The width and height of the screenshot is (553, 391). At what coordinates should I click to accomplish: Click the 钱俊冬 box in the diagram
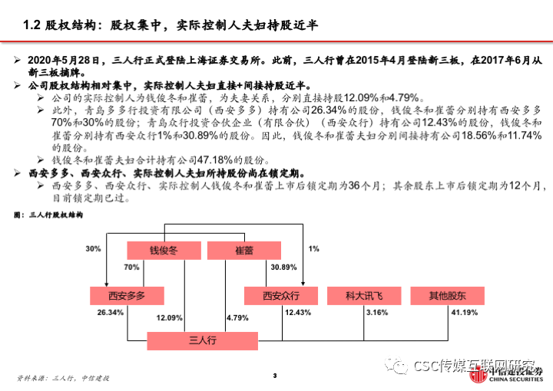pyautogui.click(x=164, y=250)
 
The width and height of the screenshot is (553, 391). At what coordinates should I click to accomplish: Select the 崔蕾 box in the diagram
pyautogui.click(x=243, y=250)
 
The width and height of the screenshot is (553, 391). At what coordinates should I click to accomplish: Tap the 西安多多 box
pyautogui.click(x=127, y=296)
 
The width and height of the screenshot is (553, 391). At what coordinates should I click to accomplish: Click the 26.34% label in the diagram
pyautogui.click(x=111, y=313)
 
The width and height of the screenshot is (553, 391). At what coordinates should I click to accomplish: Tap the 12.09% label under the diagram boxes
pyautogui.click(x=170, y=317)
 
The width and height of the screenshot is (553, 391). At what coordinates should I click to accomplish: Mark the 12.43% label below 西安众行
pyautogui.click(x=298, y=313)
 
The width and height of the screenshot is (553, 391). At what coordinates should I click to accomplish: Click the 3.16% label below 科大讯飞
pyautogui.click(x=377, y=313)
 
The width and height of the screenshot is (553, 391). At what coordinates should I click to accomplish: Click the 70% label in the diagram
pyautogui.click(x=131, y=268)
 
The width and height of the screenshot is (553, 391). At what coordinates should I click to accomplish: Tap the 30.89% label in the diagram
pyautogui.click(x=283, y=268)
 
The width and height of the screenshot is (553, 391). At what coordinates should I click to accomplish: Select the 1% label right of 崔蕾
pyautogui.click(x=313, y=249)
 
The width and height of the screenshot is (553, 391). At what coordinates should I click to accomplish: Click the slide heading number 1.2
pyautogui.click(x=31, y=25)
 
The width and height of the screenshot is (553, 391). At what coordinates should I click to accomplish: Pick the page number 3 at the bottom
pyautogui.click(x=275, y=375)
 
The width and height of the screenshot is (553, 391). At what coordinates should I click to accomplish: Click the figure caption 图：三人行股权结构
pyautogui.click(x=48, y=216)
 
